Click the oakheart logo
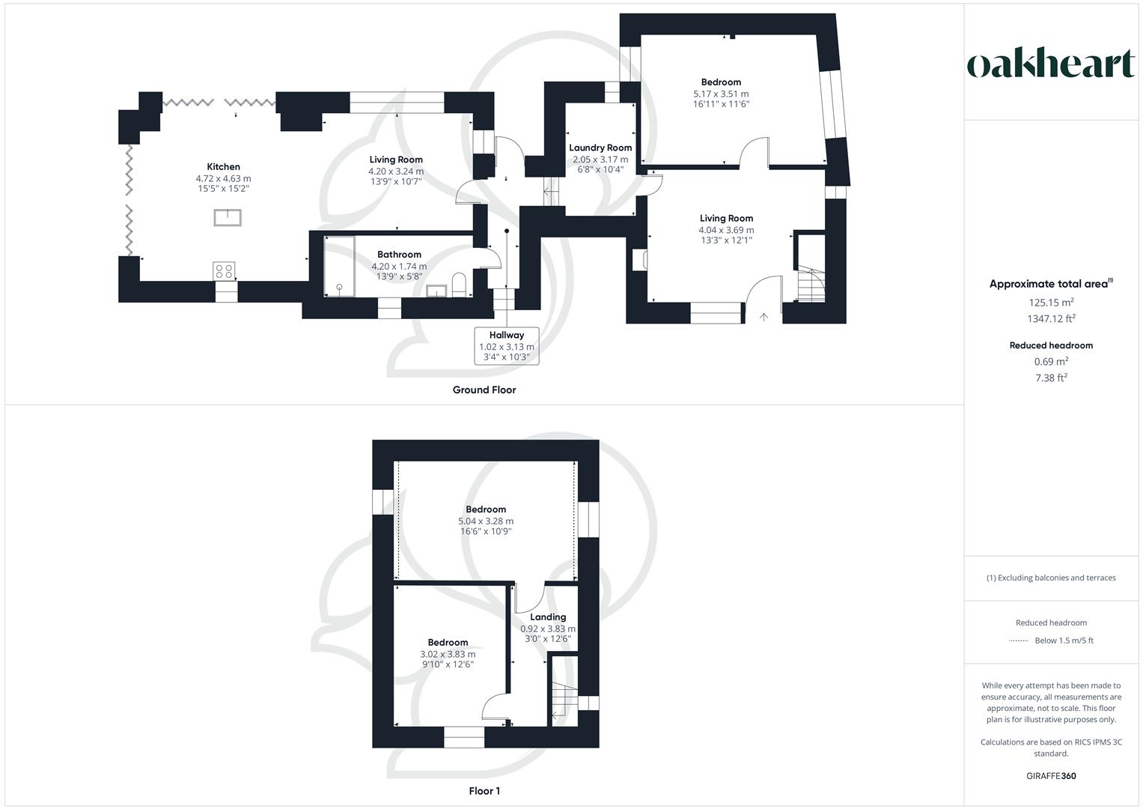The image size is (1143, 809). (1051, 64)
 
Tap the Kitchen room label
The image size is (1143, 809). (223, 167)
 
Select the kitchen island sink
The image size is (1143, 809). (228, 218)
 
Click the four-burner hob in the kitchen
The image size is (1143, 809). (224, 270)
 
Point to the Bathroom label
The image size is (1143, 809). (399, 255)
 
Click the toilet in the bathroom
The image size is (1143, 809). (459, 285)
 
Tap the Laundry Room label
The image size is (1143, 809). (600, 148)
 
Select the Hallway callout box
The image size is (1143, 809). (507, 346)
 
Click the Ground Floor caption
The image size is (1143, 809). (484, 390)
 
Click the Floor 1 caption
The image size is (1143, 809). (484, 791)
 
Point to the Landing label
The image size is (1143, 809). (548, 617)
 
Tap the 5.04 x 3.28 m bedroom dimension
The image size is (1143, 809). (486, 521)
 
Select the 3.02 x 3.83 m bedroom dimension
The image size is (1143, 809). (448, 654)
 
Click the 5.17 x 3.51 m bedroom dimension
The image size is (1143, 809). (721, 94)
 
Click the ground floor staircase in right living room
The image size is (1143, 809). (808, 283)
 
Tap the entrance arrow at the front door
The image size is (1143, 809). (763, 317)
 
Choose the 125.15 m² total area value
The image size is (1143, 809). (1051, 303)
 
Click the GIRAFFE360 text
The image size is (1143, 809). (1051, 776)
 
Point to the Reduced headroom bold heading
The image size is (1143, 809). (1051, 345)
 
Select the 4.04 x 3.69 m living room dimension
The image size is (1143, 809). (726, 230)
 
